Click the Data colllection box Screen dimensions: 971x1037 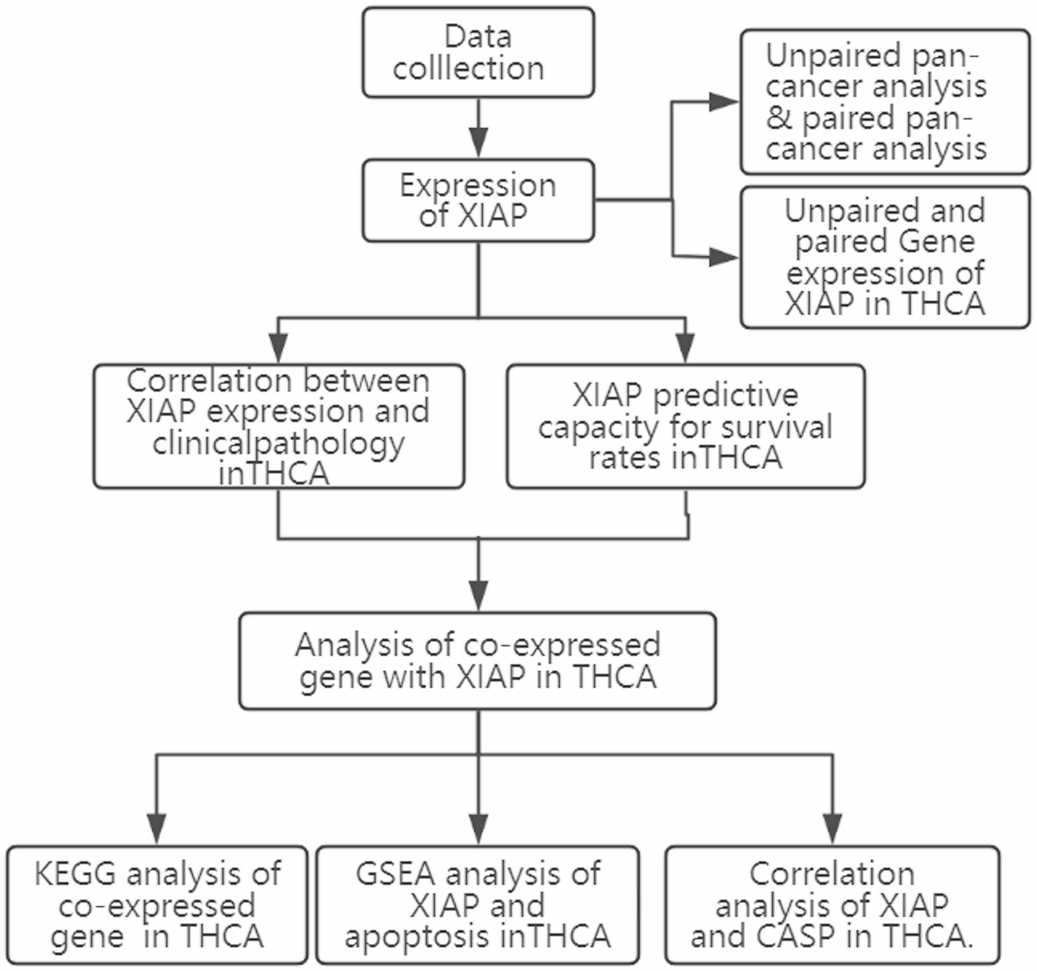[478, 53]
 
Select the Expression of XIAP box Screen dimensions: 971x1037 [478, 201]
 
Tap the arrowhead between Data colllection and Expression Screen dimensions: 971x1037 [478, 142]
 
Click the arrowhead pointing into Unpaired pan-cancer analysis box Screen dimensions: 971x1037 [723, 102]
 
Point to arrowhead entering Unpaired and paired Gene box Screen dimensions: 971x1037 [723, 256]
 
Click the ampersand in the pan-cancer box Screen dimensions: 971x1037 [779, 118]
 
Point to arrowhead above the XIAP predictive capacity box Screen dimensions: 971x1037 [685, 347]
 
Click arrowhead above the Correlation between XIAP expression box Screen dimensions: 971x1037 [278, 347]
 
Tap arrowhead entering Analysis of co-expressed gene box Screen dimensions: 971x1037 [478, 594]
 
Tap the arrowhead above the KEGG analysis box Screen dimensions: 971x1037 [156, 827]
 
